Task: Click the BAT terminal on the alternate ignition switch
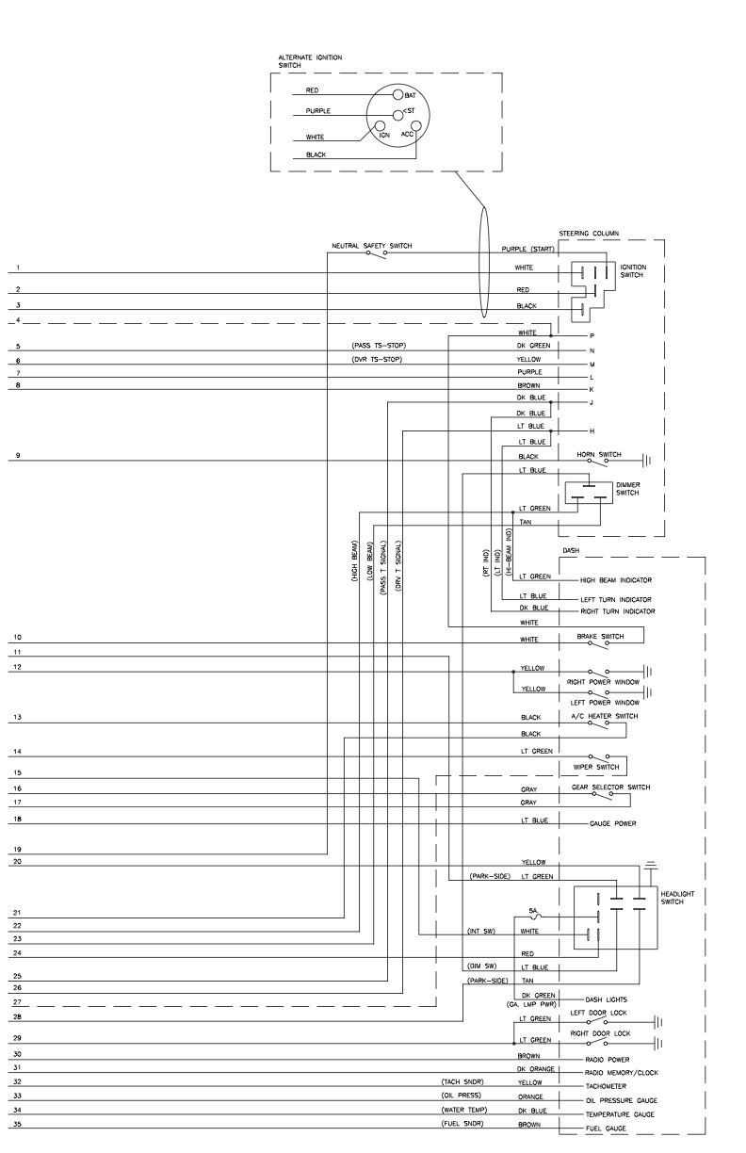coord(397,95)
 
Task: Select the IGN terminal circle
coord(380,124)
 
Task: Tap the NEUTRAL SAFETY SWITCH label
coord(371,246)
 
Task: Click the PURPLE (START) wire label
coord(527,249)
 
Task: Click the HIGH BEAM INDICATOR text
coord(616,580)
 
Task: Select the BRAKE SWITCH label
coord(599,637)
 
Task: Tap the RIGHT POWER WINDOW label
coord(603,681)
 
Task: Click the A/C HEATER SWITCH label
coord(604,716)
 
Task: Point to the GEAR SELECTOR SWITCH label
coord(610,787)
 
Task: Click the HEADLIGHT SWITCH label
coord(678,898)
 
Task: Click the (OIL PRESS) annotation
coord(459,1096)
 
